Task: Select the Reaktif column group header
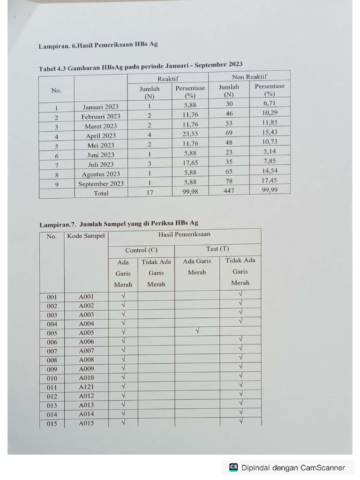pyautogui.click(x=168, y=79)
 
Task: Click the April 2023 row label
pyautogui.click(x=101, y=136)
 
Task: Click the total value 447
pyautogui.click(x=229, y=191)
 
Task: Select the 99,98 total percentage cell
pyautogui.click(x=190, y=192)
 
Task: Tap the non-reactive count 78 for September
pyautogui.click(x=229, y=181)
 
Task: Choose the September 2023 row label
pyautogui.click(x=101, y=184)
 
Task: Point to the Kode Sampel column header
pyautogui.click(x=86, y=236)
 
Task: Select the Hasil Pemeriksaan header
pyautogui.click(x=184, y=234)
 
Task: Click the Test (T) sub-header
pyautogui.click(x=217, y=249)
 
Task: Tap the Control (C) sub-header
pyautogui.click(x=141, y=250)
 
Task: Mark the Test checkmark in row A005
pyautogui.click(x=197, y=331)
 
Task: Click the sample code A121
pyautogui.click(x=86, y=387)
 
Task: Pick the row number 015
pyautogui.click(x=52, y=424)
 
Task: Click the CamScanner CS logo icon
pyautogui.click(x=233, y=467)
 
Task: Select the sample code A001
pyautogui.click(x=86, y=297)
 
